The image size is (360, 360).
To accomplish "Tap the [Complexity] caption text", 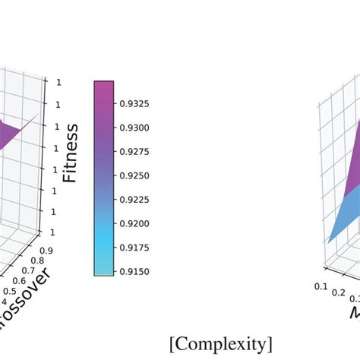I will (x=221, y=343).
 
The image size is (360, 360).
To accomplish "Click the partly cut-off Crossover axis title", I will (x=27, y=311).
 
